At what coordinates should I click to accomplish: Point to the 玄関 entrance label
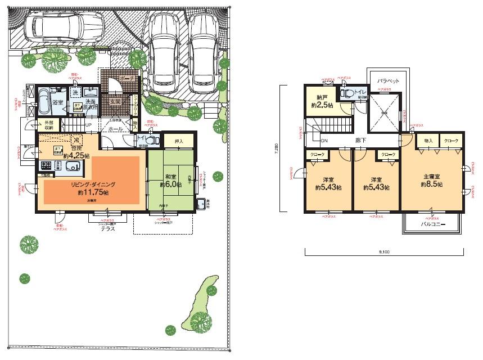pyautogui.click(x=115, y=101)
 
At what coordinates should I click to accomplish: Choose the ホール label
pyautogui.click(x=115, y=129)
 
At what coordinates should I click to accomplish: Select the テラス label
pyautogui.click(x=109, y=229)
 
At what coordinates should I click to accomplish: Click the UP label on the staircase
pyautogui.click(x=88, y=124)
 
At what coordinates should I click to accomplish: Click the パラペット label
pyautogui.click(x=388, y=81)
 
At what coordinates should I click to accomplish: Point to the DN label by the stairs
pyautogui.click(x=324, y=141)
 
